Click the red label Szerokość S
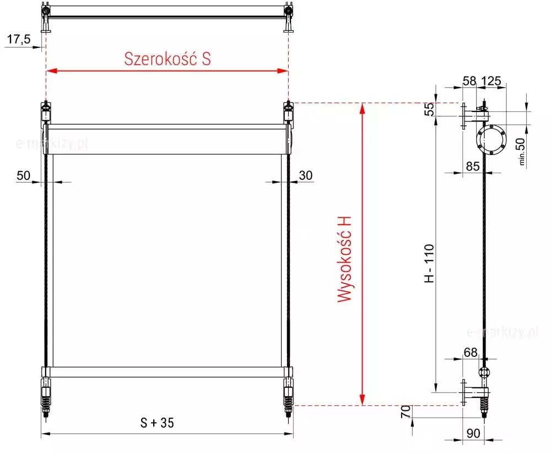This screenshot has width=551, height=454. coord(168,59)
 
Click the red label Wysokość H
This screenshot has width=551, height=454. coord(345,259)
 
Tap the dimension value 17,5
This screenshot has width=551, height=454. coord(19,39)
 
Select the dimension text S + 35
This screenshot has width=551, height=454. coord(157,423)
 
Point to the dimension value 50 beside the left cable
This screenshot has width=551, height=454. coord(24,175)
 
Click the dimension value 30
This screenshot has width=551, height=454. coord(306,175)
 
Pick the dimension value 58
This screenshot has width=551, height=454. coord(469,81)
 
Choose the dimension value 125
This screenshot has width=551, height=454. coord(491,81)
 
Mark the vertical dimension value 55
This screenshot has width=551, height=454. coord(429,109)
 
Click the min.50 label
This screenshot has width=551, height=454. coord(521,151)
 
